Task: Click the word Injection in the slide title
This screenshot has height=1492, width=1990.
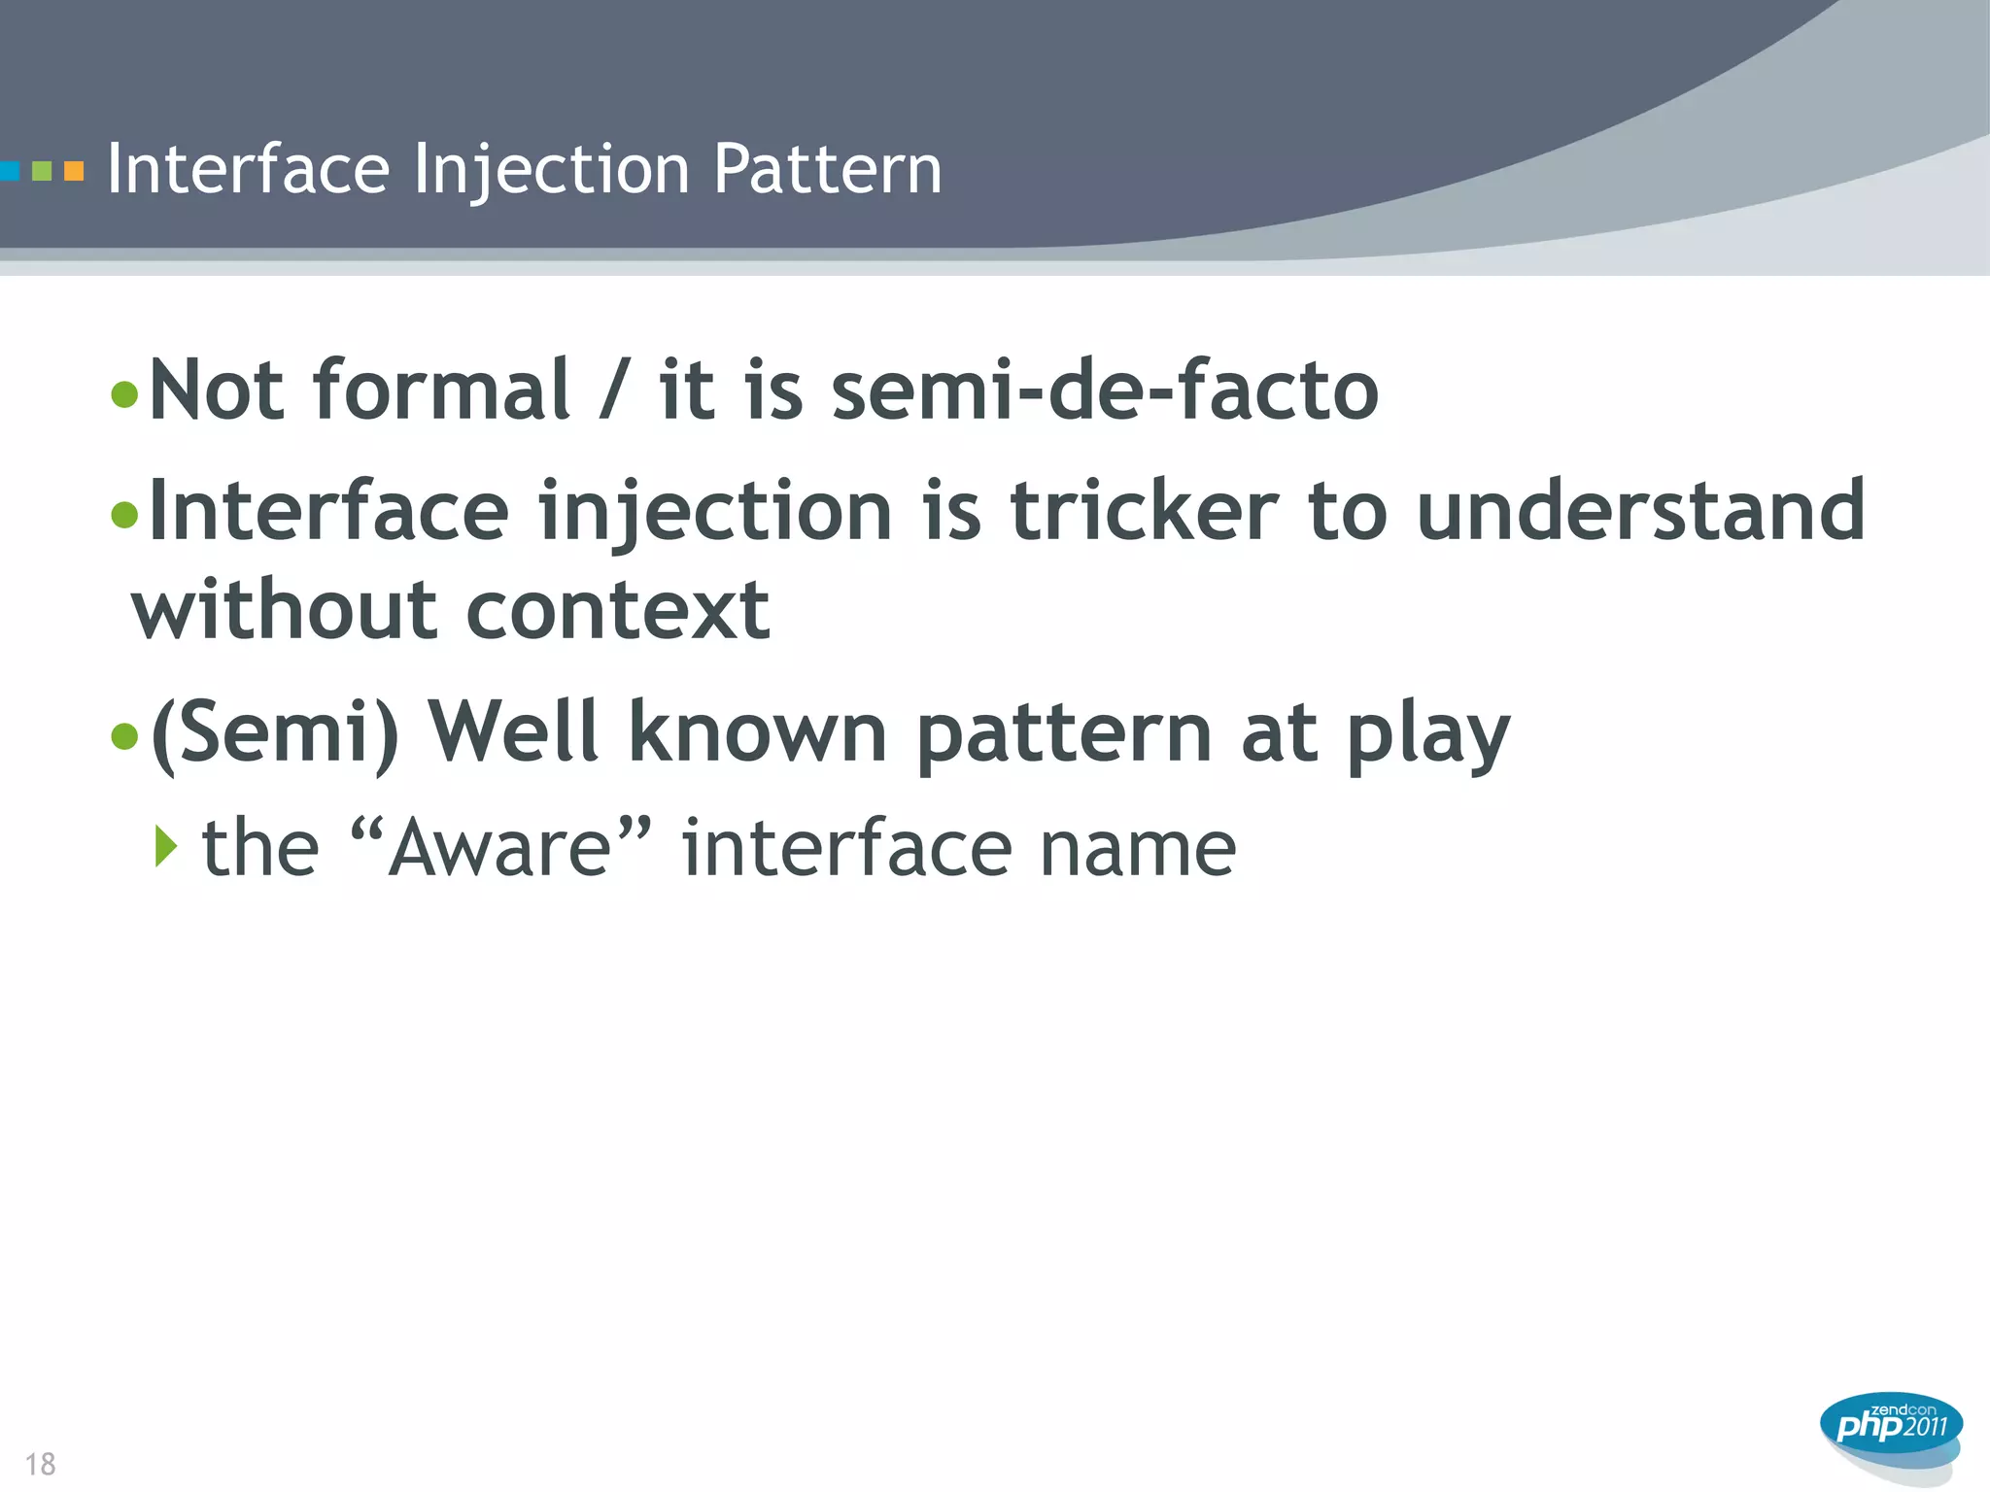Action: click(551, 170)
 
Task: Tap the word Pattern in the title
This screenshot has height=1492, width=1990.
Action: click(827, 170)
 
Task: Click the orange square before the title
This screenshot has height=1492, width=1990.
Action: click(74, 172)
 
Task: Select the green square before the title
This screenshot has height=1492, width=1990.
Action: click(42, 172)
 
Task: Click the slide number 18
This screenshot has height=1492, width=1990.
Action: click(40, 1464)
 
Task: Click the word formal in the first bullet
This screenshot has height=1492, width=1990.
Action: click(440, 390)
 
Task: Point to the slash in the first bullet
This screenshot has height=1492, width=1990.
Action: click(613, 390)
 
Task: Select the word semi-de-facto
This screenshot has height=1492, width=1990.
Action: click(1105, 390)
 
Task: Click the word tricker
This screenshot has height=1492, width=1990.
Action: click(1145, 512)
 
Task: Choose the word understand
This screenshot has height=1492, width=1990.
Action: click(1640, 512)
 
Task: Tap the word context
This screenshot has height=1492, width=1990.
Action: click(618, 612)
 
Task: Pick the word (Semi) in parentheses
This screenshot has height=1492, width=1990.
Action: click(275, 733)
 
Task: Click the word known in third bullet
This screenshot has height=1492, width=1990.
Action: click(757, 733)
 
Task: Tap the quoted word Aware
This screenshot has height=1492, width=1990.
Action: click(499, 848)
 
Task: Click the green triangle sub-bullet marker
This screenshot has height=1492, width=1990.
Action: click(166, 846)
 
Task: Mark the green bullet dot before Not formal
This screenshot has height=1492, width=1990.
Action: click(124, 394)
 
